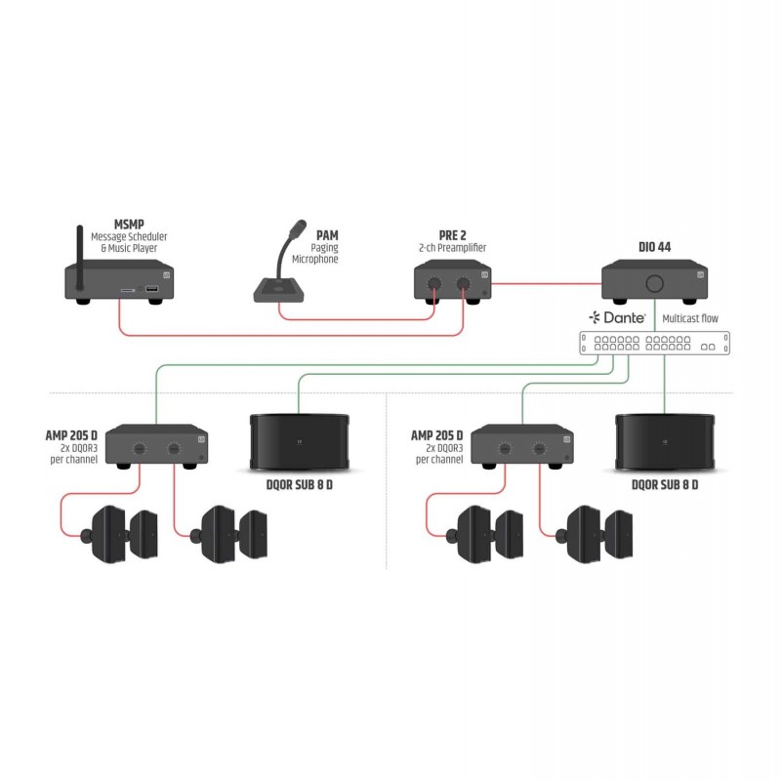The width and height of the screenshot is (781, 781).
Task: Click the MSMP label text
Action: (x=129, y=225)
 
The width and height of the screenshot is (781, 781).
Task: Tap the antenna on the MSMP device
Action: (x=79, y=257)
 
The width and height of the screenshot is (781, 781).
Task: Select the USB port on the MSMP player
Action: (x=152, y=288)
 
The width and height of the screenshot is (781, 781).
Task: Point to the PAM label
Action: (x=327, y=235)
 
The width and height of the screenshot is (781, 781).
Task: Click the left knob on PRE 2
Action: (x=434, y=284)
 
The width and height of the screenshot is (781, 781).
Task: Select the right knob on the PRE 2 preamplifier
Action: (x=463, y=284)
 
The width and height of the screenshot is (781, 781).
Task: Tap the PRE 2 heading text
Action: (x=452, y=235)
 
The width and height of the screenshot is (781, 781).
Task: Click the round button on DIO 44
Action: (x=654, y=283)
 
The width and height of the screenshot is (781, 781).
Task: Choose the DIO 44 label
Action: (x=654, y=247)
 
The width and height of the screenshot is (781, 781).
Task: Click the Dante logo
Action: (x=618, y=317)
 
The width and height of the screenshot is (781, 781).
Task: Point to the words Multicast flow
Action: (x=690, y=318)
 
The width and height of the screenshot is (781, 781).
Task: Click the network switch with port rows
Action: (x=654, y=344)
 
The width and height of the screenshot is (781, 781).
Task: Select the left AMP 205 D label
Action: (x=71, y=435)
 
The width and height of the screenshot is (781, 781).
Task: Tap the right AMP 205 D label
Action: (x=436, y=435)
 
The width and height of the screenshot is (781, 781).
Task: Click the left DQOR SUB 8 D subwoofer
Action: (x=299, y=442)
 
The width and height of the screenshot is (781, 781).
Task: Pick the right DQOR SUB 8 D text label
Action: (x=665, y=484)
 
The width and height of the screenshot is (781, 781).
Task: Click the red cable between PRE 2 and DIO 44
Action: (x=547, y=284)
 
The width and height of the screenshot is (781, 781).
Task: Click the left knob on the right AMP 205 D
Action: (x=505, y=448)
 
